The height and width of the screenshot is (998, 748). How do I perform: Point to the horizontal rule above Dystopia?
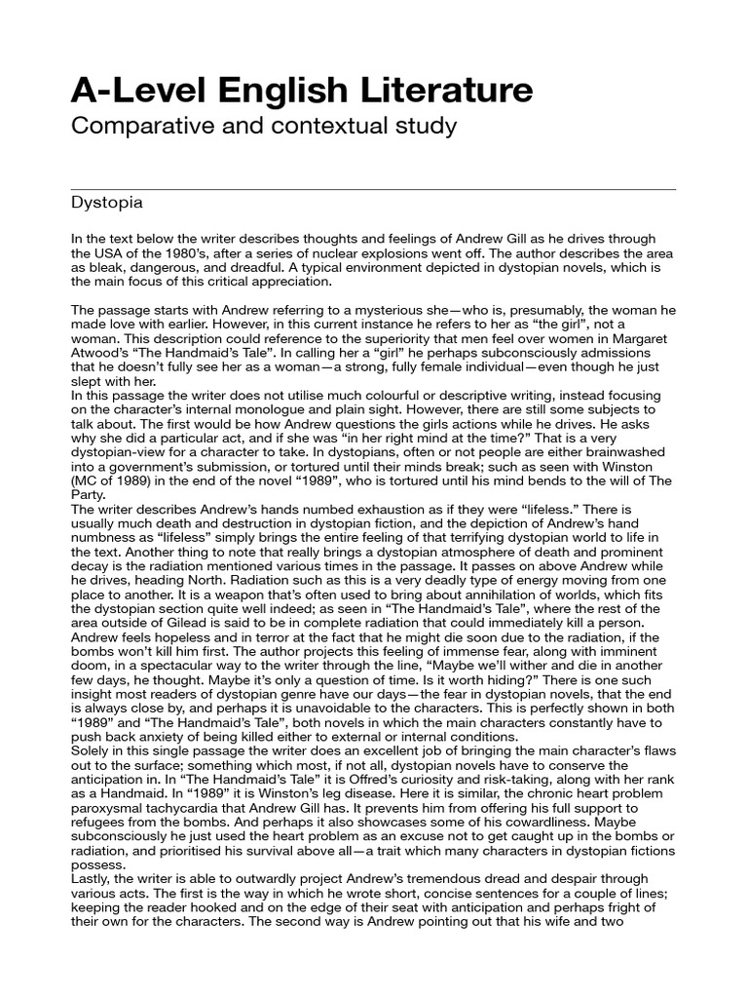click(x=374, y=188)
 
